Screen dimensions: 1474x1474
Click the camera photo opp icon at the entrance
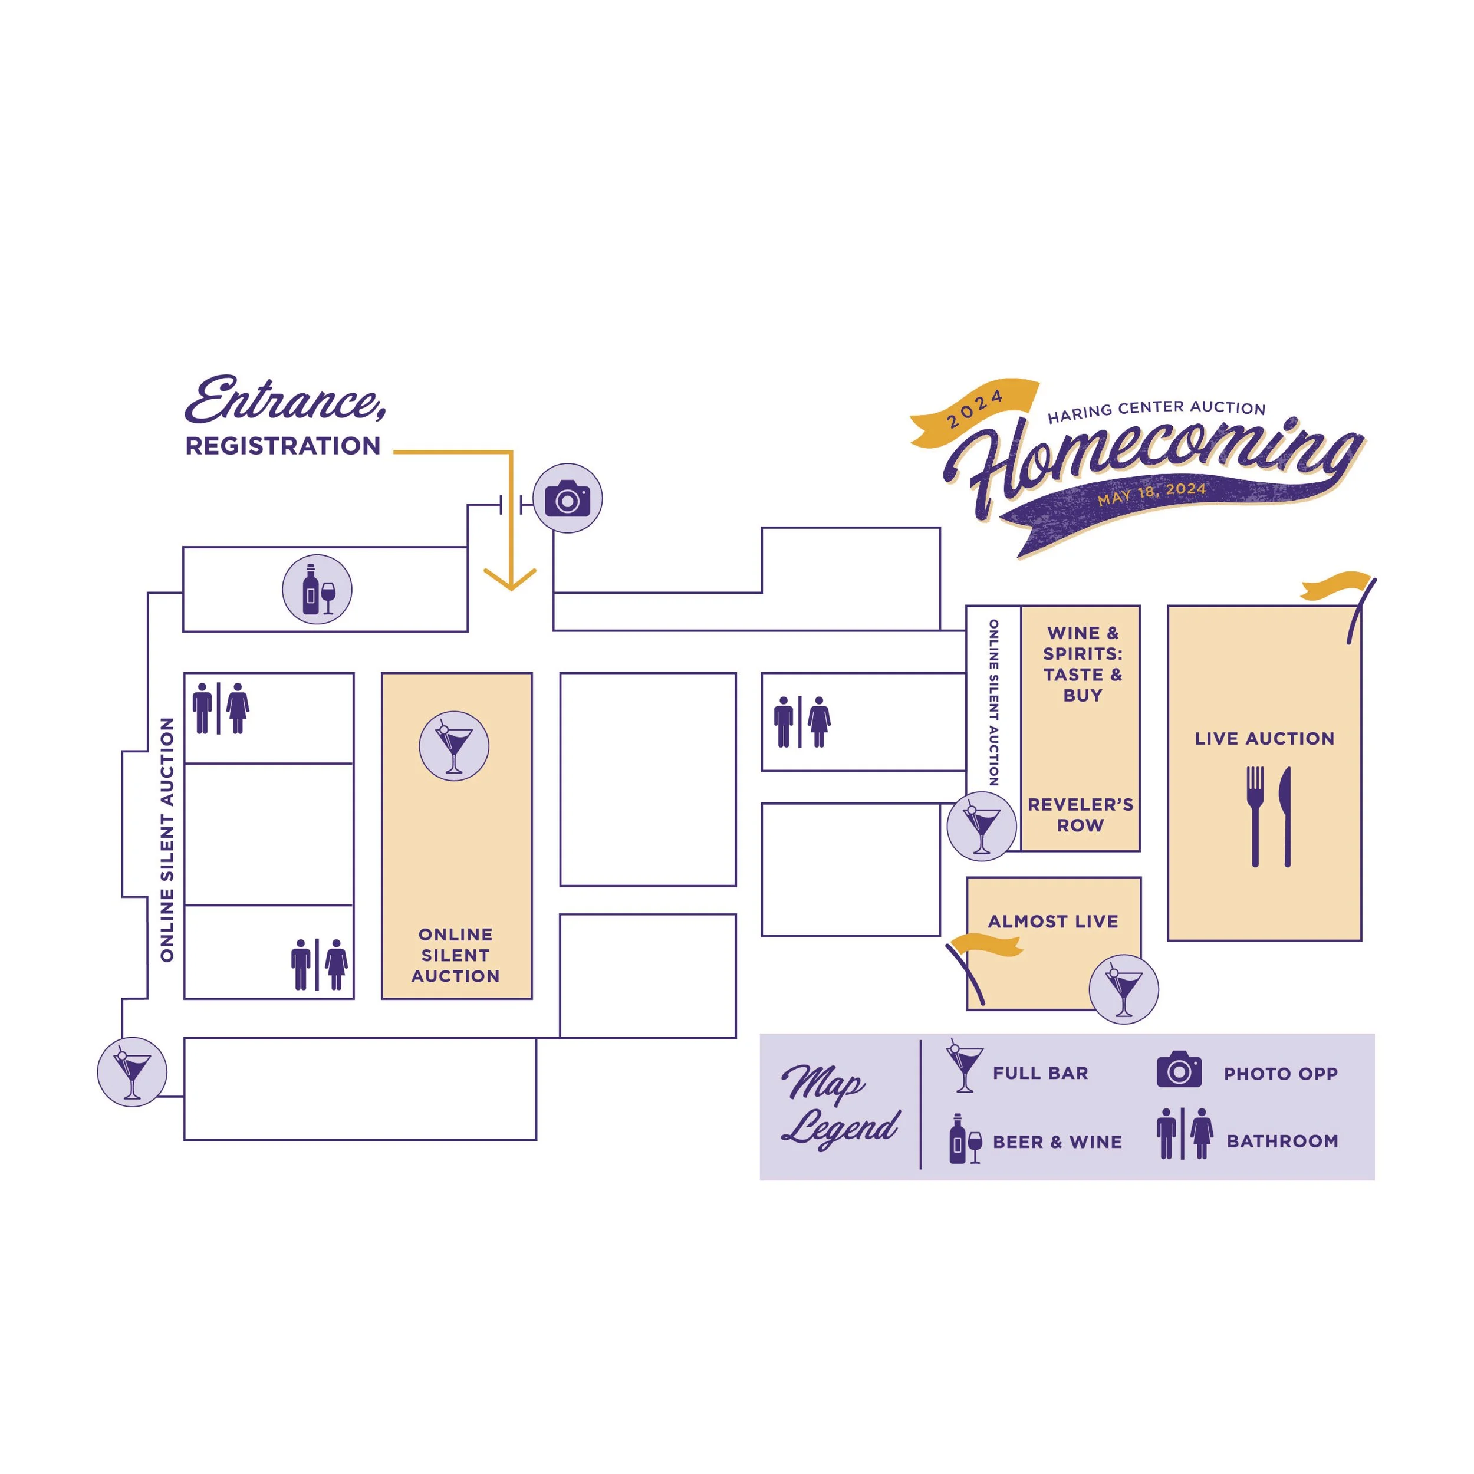click(x=567, y=498)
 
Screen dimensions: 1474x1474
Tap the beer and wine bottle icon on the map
click(x=317, y=590)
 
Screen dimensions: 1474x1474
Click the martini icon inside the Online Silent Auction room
click(x=454, y=746)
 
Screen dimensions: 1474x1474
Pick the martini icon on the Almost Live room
click(x=1123, y=989)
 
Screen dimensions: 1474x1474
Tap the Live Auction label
click(x=1264, y=739)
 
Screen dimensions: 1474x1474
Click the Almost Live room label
click(x=1053, y=922)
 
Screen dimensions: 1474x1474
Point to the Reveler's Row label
click(x=1080, y=815)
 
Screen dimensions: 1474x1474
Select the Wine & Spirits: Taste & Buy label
click(x=1083, y=664)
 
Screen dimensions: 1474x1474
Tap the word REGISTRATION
click(x=283, y=446)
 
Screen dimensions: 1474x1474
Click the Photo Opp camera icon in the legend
click(x=1179, y=1070)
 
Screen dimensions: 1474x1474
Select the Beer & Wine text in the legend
click(x=1057, y=1142)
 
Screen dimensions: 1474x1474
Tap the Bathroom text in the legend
click(x=1282, y=1141)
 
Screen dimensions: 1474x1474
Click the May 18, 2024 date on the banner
click(x=1151, y=493)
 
